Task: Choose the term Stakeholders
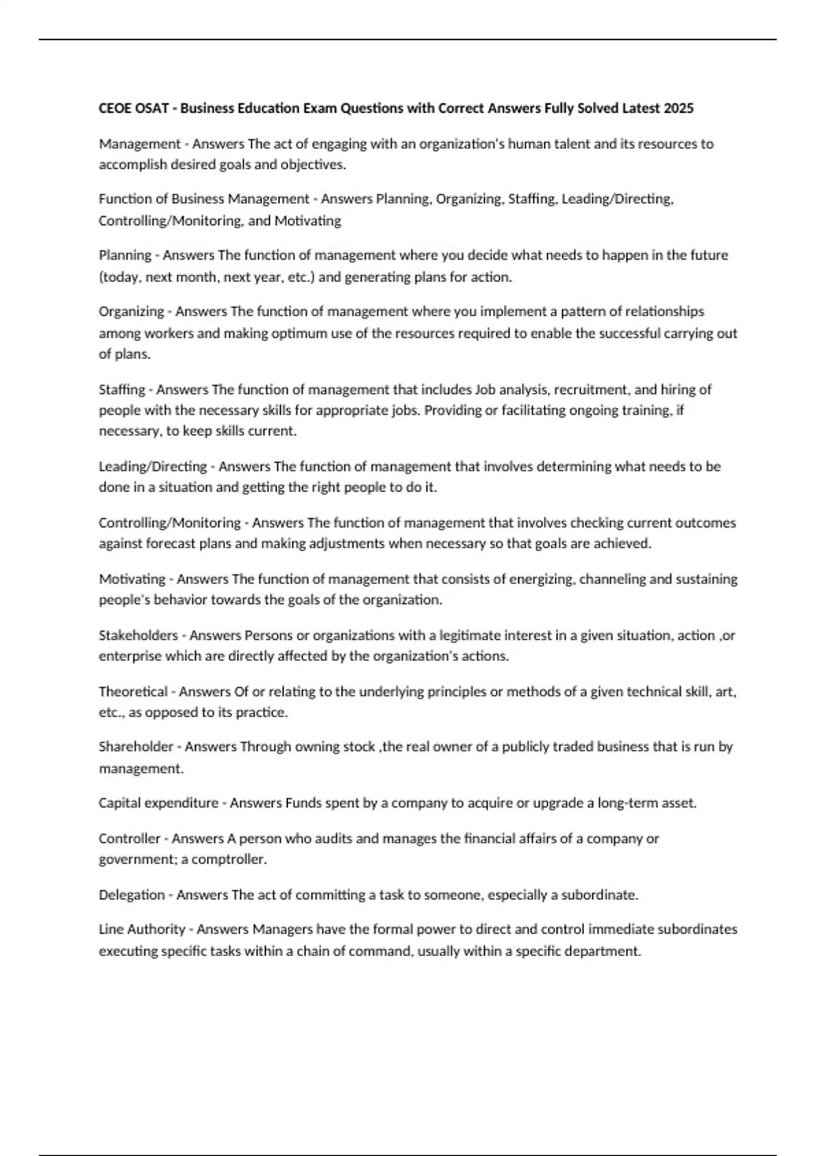pos(138,635)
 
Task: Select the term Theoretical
pos(133,692)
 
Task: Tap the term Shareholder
pos(136,747)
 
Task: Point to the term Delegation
pos(131,895)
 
